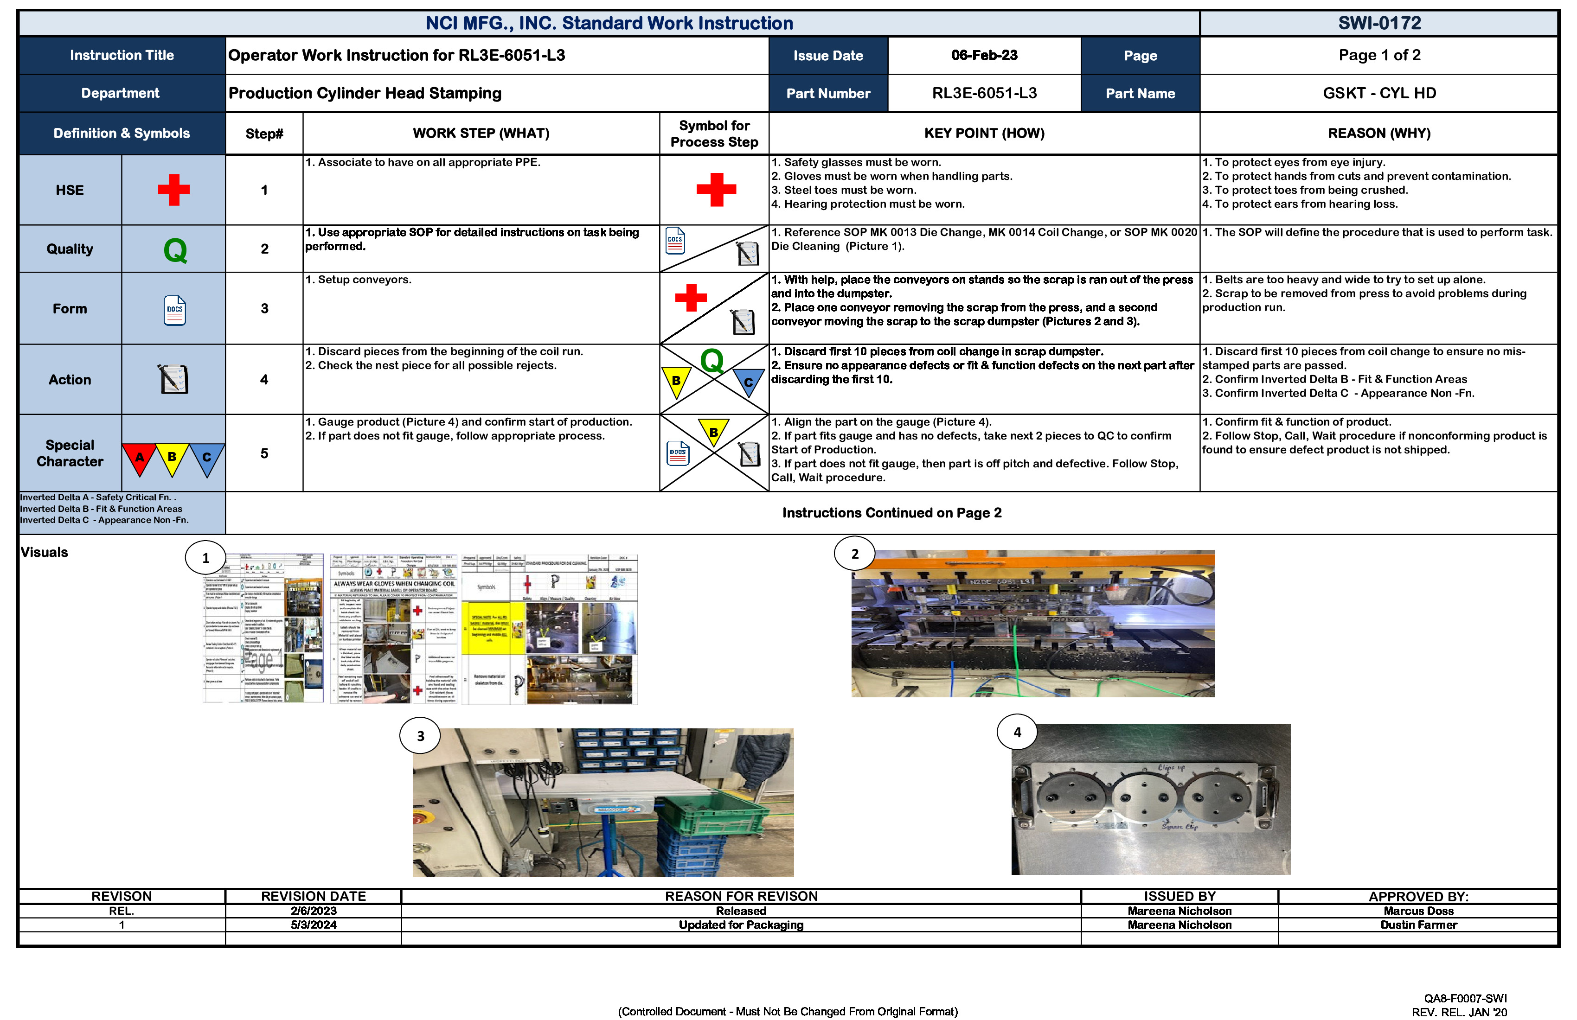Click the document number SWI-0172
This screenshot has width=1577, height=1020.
pyautogui.click(x=1379, y=23)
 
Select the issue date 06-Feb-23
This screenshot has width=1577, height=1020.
pyautogui.click(x=984, y=56)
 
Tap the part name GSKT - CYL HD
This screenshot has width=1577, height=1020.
pyautogui.click(x=1379, y=93)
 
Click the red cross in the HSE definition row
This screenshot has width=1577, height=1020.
pyautogui.click(x=173, y=190)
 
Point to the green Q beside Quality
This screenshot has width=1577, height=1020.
pyautogui.click(x=175, y=250)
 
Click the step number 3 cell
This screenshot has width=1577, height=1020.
pyautogui.click(x=264, y=309)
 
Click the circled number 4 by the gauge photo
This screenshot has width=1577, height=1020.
pyautogui.click(x=1017, y=732)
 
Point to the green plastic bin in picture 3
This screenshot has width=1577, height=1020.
pyautogui.click(x=695, y=815)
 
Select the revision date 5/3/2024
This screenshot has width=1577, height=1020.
pyautogui.click(x=314, y=924)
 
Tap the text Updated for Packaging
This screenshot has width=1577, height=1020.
pyautogui.click(x=741, y=924)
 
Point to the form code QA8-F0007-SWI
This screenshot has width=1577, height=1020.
pyautogui.click(x=1465, y=998)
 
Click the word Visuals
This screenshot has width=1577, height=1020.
pyautogui.click(x=45, y=552)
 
